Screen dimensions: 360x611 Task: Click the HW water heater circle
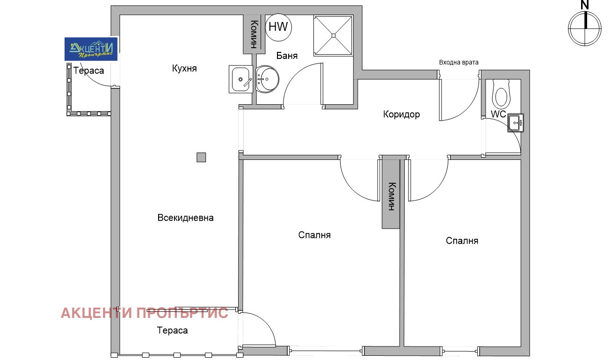[x=278, y=27]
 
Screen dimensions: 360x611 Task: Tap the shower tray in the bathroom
[x=333, y=35]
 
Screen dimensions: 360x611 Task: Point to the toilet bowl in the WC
[x=501, y=95]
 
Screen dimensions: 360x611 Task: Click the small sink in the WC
[x=516, y=123]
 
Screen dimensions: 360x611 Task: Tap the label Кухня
[x=184, y=69]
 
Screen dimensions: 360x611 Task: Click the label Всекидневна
[x=185, y=218]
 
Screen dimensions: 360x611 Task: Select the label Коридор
[x=401, y=114]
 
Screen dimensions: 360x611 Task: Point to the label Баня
[x=287, y=56]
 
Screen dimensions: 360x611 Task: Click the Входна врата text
[x=458, y=62]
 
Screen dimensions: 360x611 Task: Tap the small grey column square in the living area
[x=201, y=158]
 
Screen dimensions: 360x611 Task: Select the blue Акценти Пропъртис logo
[x=91, y=49]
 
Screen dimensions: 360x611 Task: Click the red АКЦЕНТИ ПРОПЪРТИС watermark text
[x=145, y=313]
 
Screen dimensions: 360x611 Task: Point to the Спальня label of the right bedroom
[x=462, y=241]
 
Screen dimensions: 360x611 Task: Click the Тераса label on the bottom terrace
[x=172, y=331]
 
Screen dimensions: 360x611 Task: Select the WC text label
[x=498, y=114]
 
